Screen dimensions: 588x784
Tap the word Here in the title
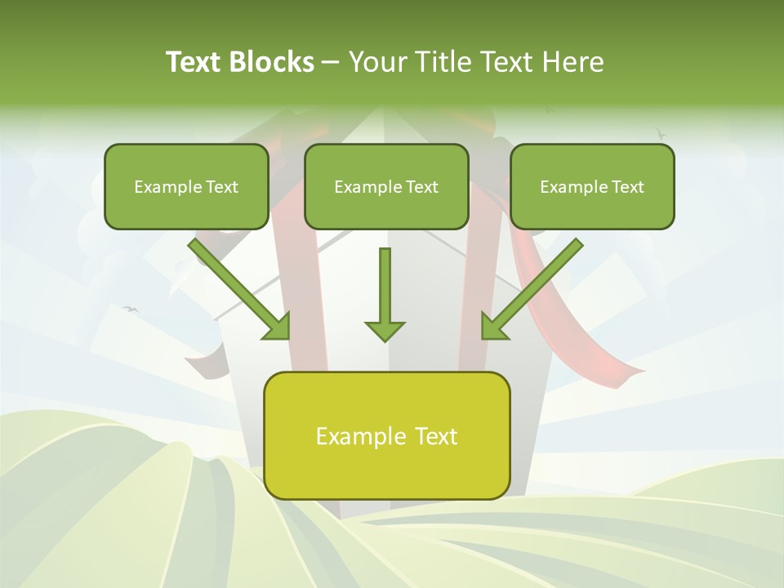pos(573,62)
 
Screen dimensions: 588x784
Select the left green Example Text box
pos(186,186)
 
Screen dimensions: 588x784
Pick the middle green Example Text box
pos(386,186)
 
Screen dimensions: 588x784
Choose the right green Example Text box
pos(592,186)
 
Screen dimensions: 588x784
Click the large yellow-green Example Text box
pos(386,435)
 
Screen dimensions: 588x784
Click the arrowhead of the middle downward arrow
pos(385,330)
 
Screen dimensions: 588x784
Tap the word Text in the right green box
pos(627,187)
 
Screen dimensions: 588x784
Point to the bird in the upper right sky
pos(660,131)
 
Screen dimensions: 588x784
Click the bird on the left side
pos(130,309)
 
